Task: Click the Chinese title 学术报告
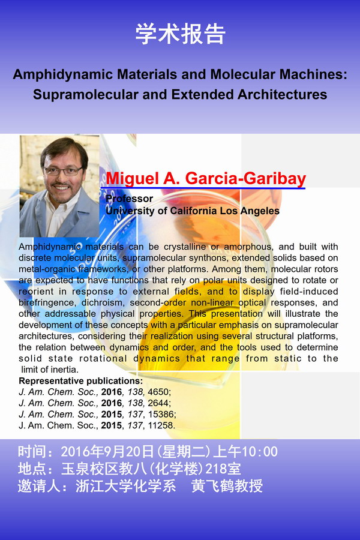pyautogui.click(x=180, y=34)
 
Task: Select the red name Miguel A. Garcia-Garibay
pyautogui.click(x=206, y=179)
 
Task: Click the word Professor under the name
pyautogui.click(x=129, y=199)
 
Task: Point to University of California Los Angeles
pyautogui.click(x=192, y=211)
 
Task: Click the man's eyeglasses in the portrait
pyautogui.click(x=62, y=171)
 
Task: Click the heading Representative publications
pyautogui.click(x=81, y=381)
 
